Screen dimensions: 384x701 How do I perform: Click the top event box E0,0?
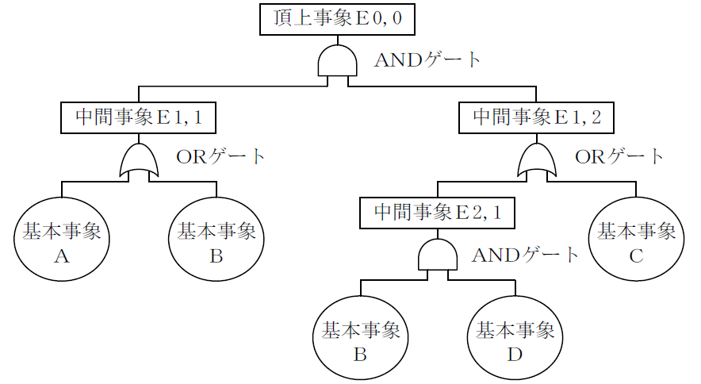(x=337, y=19)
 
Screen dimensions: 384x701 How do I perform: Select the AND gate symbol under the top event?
(x=337, y=61)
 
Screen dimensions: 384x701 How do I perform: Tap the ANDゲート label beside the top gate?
(x=427, y=60)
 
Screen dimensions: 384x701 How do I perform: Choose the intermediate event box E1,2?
(x=537, y=117)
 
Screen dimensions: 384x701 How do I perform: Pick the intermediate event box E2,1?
(x=437, y=213)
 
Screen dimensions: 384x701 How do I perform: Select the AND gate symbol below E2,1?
(x=437, y=256)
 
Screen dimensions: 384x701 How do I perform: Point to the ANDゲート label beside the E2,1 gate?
(x=526, y=255)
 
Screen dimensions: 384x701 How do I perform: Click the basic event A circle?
(x=61, y=241)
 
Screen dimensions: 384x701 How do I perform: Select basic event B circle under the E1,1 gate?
(x=216, y=241)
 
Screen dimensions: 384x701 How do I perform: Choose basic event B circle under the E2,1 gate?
(x=360, y=340)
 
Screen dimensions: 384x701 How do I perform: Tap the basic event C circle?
(x=635, y=241)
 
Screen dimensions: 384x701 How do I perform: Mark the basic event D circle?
(x=515, y=340)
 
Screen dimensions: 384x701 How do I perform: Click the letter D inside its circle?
(x=515, y=354)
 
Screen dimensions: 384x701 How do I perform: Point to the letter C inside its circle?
(x=635, y=255)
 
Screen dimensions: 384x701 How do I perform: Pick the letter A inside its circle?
(x=61, y=255)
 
